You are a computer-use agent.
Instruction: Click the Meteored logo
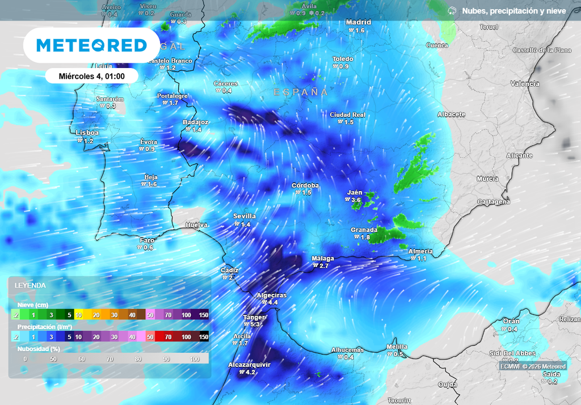91,45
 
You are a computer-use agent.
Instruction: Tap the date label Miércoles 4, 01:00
91,75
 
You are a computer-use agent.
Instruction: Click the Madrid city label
359,22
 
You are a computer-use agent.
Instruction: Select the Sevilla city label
245,216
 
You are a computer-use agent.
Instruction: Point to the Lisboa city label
87,133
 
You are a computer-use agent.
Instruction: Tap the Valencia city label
525,84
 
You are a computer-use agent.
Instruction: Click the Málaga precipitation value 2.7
324,266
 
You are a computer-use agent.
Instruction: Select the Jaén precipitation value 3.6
356,200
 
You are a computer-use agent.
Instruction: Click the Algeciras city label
272,296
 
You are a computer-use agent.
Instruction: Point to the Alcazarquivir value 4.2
249,373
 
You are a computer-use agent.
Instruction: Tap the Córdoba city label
305,185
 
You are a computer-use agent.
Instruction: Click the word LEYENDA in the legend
30,285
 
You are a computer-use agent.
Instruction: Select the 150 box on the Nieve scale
203,315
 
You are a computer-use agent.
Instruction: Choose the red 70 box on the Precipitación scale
169,337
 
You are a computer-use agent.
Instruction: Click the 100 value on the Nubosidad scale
195,359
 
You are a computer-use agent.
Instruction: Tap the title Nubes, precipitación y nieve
513,11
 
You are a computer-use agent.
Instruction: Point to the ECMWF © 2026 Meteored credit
533,366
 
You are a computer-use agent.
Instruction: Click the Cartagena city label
493,202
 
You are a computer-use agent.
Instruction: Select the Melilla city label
397,347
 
